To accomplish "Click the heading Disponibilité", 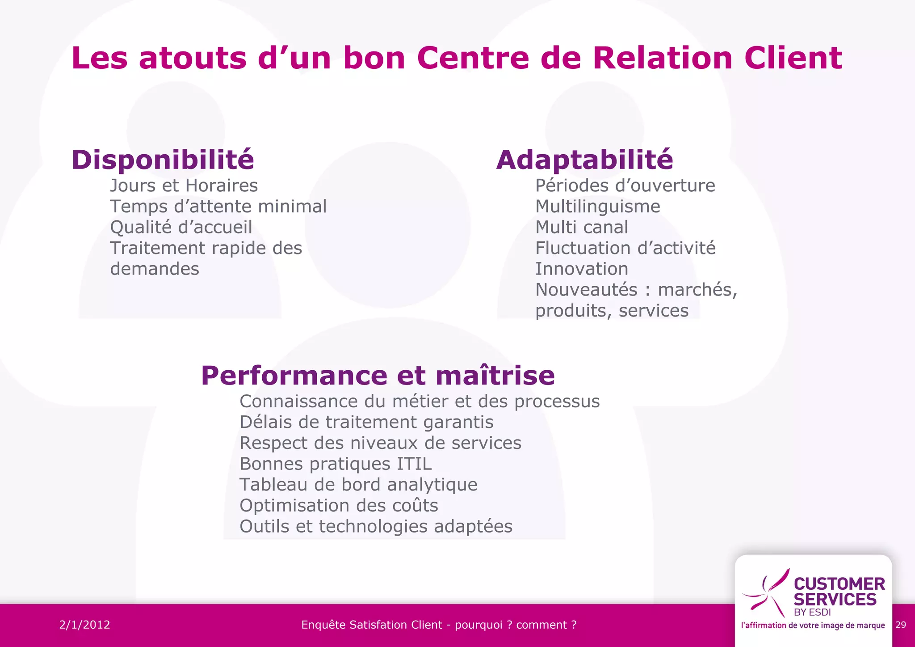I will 163,160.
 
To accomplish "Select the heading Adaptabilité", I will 584,160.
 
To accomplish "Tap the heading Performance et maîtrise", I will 378,376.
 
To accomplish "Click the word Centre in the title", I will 473,58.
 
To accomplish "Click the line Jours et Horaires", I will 184,186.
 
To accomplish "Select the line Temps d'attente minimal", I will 218,207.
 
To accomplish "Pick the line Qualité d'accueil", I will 181,227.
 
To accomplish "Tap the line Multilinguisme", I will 597,207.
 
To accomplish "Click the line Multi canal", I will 581,227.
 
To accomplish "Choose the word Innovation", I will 581,269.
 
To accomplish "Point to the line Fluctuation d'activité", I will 625,248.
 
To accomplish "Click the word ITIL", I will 414,464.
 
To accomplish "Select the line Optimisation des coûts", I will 339,506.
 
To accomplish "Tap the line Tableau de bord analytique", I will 358,485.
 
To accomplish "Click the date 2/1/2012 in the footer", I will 84,625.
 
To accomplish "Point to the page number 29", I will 901,625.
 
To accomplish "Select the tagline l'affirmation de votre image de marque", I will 813,625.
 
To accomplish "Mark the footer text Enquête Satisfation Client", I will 371,625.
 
